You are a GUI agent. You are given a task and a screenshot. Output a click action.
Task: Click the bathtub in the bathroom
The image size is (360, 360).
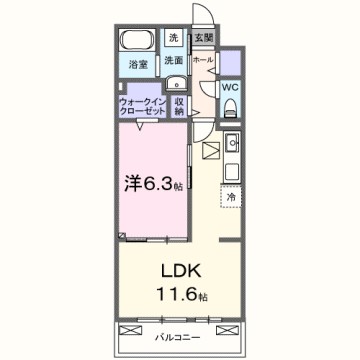[136, 44]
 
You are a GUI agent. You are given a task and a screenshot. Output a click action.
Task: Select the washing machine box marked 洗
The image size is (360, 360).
[173, 38]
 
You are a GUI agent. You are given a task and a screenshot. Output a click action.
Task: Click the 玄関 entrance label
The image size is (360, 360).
[203, 37]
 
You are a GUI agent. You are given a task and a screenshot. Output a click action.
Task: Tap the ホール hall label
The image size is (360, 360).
[201, 60]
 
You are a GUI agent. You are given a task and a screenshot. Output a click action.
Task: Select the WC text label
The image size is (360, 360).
[229, 87]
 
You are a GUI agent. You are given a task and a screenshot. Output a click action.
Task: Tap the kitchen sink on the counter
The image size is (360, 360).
[229, 141]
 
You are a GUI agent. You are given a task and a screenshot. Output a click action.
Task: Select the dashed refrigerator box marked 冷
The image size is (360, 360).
[231, 197]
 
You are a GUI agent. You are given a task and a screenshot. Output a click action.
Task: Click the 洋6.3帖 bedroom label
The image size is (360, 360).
[151, 185]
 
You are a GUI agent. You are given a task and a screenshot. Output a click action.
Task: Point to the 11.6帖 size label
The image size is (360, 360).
[183, 296]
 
